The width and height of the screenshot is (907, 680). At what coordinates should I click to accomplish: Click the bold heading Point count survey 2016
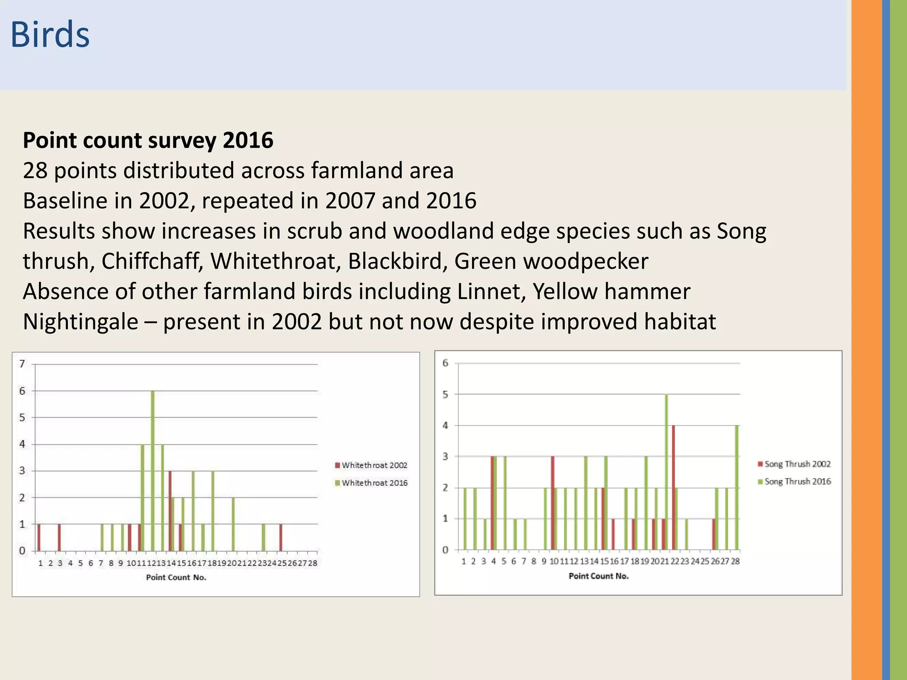pos(148,140)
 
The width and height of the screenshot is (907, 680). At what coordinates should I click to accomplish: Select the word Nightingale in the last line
pos(80,322)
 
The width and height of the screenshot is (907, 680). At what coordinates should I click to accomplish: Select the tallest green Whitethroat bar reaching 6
pos(153,471)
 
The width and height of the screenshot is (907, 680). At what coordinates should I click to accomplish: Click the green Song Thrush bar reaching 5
pos(667,472)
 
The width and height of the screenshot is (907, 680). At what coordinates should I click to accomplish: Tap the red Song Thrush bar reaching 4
pos(673,487)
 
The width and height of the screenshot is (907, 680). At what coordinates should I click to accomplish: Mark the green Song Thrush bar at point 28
pos(737,487)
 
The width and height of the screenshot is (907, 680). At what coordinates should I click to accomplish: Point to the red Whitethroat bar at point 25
pos(281,537)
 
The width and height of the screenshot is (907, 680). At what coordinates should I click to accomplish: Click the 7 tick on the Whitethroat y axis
pos(22,364)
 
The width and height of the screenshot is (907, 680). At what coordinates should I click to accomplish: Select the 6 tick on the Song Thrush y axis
pos(446,363)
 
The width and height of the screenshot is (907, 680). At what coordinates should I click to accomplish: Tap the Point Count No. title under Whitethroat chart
pos(176,577)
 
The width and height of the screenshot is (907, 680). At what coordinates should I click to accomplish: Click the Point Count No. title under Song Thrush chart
pos(599,576)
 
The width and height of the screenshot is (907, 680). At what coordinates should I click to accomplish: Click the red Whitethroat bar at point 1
pos(39,537)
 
